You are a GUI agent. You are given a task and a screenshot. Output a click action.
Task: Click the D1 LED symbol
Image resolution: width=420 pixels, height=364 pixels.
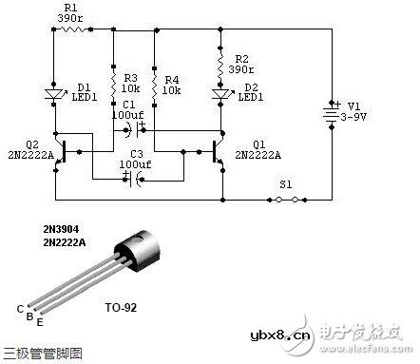55,93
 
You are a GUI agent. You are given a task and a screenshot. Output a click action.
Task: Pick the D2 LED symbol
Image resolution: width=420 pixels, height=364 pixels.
220,93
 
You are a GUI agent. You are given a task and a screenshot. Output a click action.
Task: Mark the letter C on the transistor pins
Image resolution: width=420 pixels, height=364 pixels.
20,308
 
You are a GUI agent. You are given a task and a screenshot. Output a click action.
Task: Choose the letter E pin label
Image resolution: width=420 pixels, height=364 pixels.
39,320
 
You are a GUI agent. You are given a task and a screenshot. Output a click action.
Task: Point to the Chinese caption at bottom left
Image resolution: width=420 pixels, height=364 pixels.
44,353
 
